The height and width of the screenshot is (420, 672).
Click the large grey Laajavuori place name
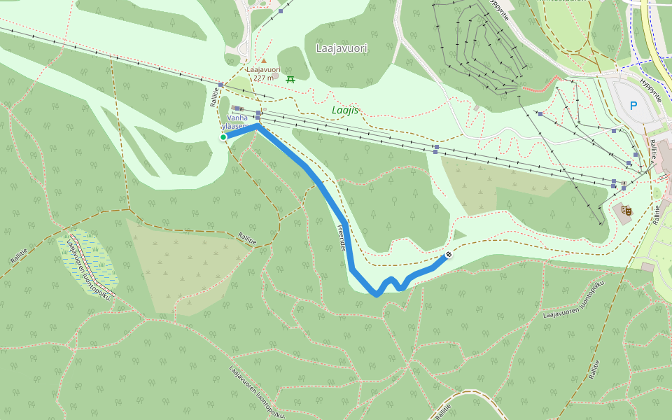pos(342,48)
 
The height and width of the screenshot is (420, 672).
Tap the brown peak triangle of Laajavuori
pos(264,61)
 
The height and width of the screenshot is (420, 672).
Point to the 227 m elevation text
pos(264,78)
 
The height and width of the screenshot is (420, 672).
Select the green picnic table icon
pos(290,78)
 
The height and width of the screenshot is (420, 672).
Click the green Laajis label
pos(345,110)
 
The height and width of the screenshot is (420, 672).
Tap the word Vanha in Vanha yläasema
pos(237,118)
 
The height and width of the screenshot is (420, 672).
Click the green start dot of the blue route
pos(223,137)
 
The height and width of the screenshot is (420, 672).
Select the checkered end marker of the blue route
pos(448,255)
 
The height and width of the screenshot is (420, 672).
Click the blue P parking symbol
pos(633,106)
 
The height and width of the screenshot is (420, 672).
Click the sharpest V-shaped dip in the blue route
pos(377,294)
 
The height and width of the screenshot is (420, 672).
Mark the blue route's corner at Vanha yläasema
pos(258,127)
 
